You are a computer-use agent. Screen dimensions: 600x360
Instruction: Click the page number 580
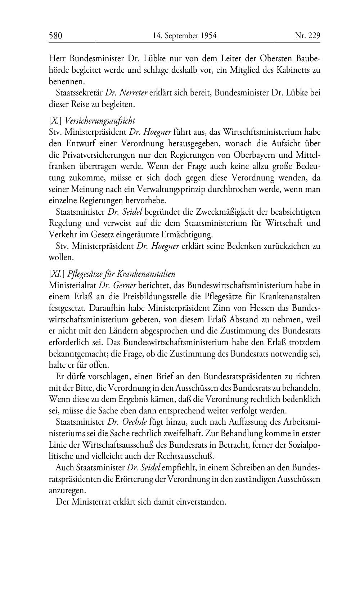point(56,36)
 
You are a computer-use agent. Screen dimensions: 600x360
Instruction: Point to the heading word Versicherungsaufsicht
point(100,121)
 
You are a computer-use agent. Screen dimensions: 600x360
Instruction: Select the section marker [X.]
point(56,121)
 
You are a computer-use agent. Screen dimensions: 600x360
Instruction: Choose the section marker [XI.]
point(57,274)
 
